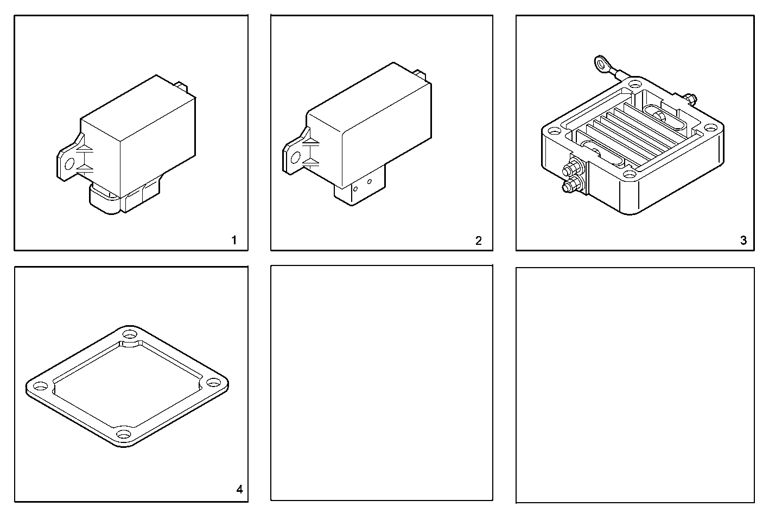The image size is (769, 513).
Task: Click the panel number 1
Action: tap(234, 240)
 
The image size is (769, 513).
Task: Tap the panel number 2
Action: tap(478, 240)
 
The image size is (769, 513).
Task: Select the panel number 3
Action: tap(743, 240)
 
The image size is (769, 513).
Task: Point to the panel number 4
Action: tap(239, 490)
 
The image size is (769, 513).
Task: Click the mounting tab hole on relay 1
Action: tap(69, 163)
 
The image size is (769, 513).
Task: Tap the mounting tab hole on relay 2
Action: tap(295, 157)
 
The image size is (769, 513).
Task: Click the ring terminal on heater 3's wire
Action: tap(601, 65)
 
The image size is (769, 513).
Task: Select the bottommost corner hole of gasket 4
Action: tap(123, 435)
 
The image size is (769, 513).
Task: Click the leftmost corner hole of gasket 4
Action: tap(40, 388)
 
